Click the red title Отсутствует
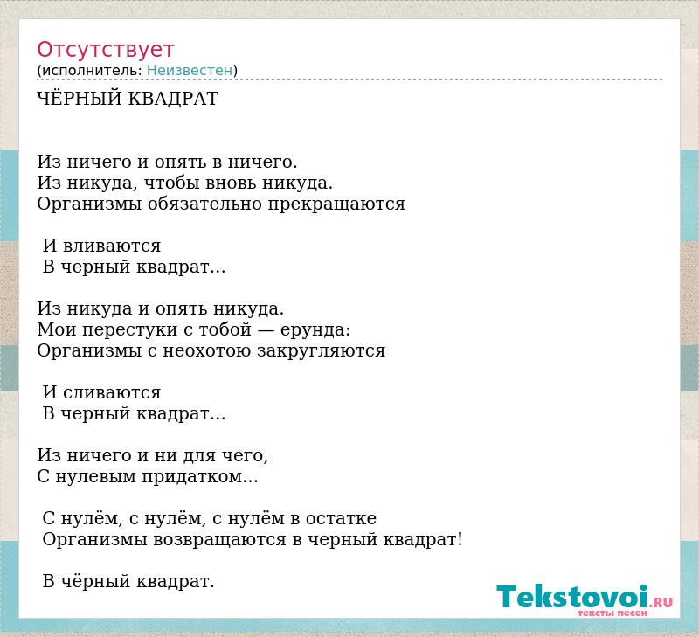105,50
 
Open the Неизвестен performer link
190,71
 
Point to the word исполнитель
92,71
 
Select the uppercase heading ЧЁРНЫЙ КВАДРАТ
128,99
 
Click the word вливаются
112,246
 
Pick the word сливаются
112,392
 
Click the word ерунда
315,330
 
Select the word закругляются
321,350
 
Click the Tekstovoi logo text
572,596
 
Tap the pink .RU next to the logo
661,603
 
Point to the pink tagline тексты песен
612,613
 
